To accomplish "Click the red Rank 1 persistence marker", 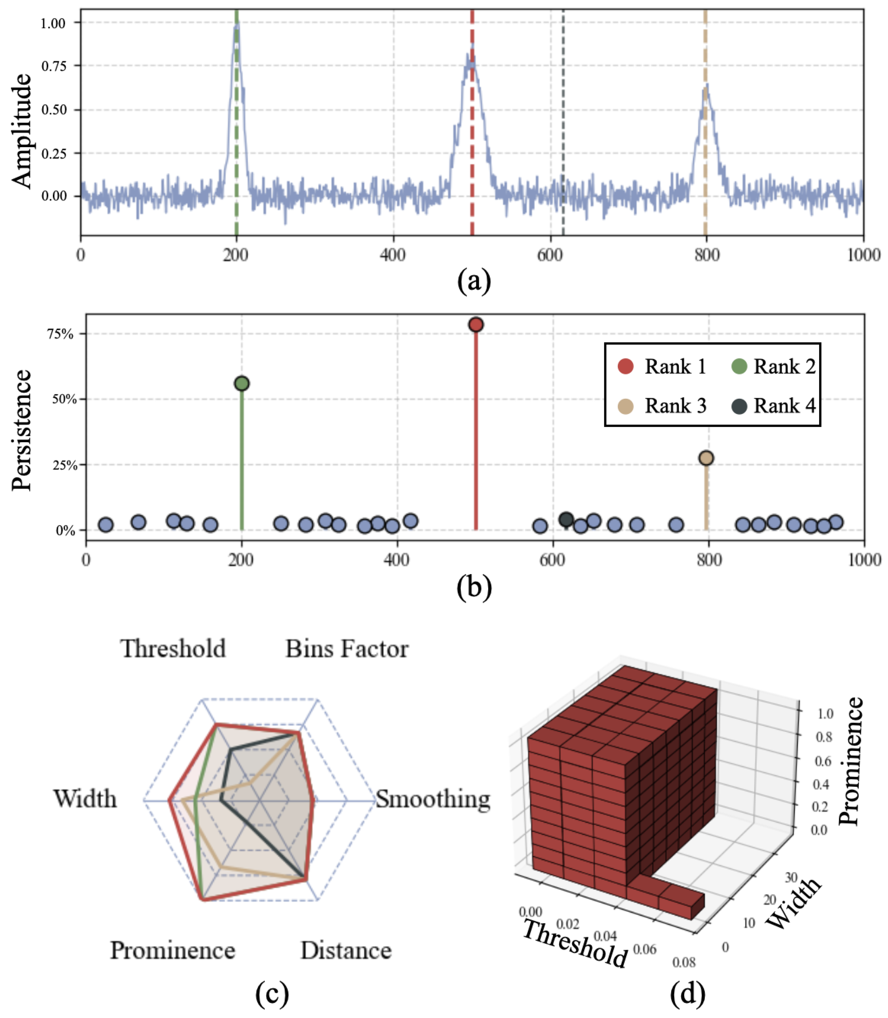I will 476,325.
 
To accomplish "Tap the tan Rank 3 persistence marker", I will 706,458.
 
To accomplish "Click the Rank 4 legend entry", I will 773,406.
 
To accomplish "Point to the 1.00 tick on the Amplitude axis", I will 53,23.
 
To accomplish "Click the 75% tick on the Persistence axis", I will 61,333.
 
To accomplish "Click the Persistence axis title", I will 22,430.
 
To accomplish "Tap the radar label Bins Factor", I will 347,649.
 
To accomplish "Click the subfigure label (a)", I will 474,281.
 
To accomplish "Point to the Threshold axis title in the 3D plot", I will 575,943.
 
